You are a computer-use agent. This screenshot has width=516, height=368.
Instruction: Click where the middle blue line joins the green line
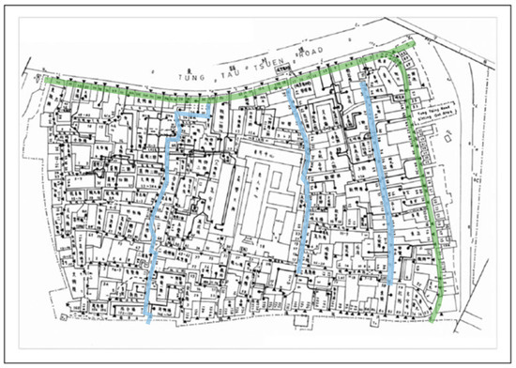click(x=289, y=88)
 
